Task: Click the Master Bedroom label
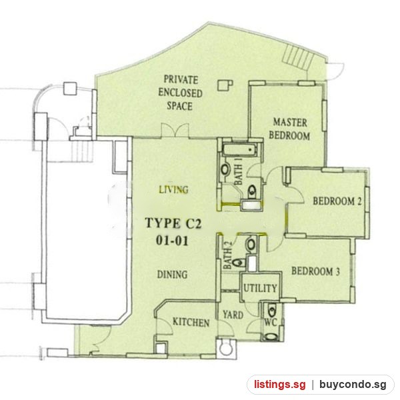click(x=289, y=129)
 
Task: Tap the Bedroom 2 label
click(x=337, y=201)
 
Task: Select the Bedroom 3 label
click(x=315, y=271)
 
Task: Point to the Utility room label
click(x=260, y=288)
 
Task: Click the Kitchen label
click(x=191, y=322)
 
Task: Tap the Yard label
click(x=233, y=315)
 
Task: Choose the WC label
click(x=270, y=323)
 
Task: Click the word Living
click(x=174, y=189)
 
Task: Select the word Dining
click(x=172, y=275)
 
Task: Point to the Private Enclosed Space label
click(x=180, y=93)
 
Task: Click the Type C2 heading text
click(x=173, y=223)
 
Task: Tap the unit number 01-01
click(x=172, y=240)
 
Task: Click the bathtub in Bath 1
click(x=240, y=150)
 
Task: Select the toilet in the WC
click(x=271, y=309)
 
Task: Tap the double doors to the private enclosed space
click(x=175, y=131)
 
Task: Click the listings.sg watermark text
click(x=279, y=384)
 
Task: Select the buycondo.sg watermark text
click(x=353, y=384)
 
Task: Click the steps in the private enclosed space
click(x=298, y=57)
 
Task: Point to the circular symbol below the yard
click(x=226, y=349)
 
